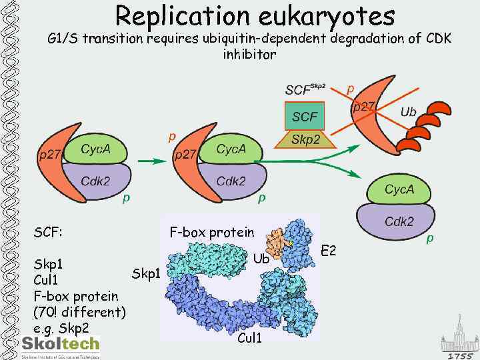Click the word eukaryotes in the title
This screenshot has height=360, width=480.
tap(331, 16)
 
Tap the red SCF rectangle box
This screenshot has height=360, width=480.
tap(305, 117)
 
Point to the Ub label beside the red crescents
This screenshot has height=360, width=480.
tap(408, 112)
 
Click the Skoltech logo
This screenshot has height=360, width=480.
tap(61, 345)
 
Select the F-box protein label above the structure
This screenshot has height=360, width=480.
tap(212, 232)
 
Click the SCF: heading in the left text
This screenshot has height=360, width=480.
tap(49, 233)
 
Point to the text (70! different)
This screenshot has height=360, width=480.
tap(79, 312)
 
